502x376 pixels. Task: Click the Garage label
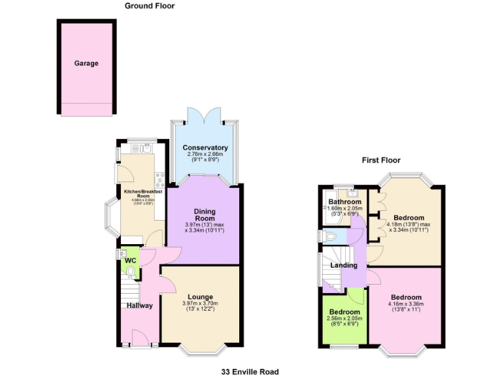click(x=86, y=63)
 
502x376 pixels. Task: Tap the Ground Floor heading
click(x=150, y=6)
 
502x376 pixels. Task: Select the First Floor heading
click(x=382, y=160)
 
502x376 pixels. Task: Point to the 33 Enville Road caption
click(x=251, y=371)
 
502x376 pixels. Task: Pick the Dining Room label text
click(x=205, y=215)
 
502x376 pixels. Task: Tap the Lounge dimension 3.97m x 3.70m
click(x=201, y=304)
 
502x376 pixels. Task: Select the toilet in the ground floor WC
click(x=131, y=272)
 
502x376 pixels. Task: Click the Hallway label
click(x=140, y=305)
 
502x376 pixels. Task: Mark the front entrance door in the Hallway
click(x=139, y=339)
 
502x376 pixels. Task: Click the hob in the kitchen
click(x=158, y=178)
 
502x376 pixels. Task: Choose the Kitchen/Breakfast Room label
click(x=143, y=194)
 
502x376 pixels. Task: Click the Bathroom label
click(x=344, y=202)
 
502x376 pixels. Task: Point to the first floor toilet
click(x=329, y=236)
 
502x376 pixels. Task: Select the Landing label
click(x=344, y=265)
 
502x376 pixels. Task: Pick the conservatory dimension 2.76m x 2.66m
click(x=205, y=154)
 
